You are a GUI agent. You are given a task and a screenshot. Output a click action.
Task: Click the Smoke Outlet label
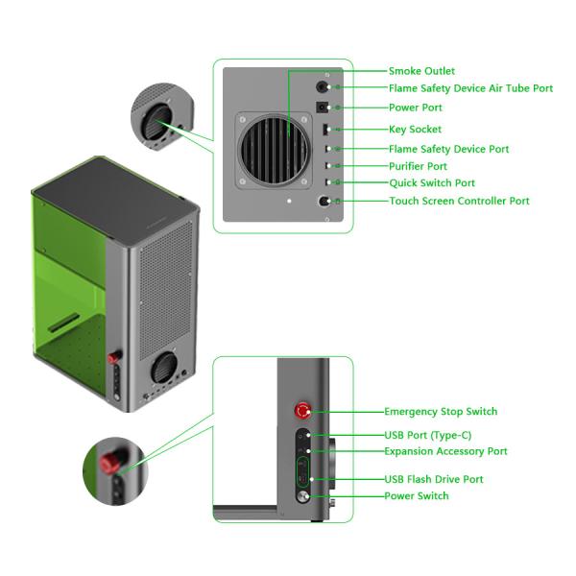pyautogui.click(x=421, y=71)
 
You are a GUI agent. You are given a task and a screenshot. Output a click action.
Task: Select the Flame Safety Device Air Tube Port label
pyautogui.click(x=470, y=88)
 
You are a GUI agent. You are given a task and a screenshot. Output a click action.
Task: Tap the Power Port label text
pyautogui.click(x=416, y=108)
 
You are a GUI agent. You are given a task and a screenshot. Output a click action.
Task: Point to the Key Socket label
pyautogui.click(x=416, y=129)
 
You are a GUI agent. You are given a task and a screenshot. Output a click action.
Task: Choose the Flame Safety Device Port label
pyautogui.click(x=448, y=149)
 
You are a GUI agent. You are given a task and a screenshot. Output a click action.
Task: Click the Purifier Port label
pyautogui.click(x=418, y=166)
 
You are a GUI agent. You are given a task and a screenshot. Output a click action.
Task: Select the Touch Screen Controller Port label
pyautogui.click(x=459, y=201)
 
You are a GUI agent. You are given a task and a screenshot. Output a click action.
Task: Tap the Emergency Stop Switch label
pyautogui.click(x=441, y=412)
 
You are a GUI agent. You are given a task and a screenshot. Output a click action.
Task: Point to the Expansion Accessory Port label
pyautogui.click(x=445, y=451)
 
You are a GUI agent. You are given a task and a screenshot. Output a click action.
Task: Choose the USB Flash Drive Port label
pyautogui.click(x=433, y=479)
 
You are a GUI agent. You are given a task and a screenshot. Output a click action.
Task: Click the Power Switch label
pyautogui.click(x=416, y=496)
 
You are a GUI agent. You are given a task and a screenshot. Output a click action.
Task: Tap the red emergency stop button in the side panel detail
pyautogui.click(x=302, y=411)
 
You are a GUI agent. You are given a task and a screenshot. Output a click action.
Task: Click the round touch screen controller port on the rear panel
pyautogui.click(x=324, y=202)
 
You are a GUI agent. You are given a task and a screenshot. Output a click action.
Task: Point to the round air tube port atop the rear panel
pyautogui.click(x=323, y=86)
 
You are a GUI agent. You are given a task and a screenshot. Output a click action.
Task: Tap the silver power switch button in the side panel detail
pyautogui.click(x=303, y=496)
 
